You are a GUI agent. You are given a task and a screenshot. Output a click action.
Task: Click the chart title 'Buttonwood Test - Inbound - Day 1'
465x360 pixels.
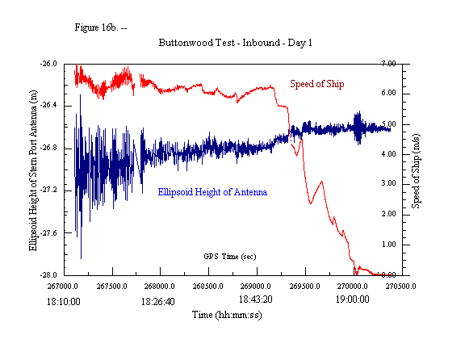point(236,42)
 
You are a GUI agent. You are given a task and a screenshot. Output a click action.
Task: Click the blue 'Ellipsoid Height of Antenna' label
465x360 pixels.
point(212,192)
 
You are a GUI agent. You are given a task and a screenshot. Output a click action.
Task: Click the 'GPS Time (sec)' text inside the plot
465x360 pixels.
point(230,255)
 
